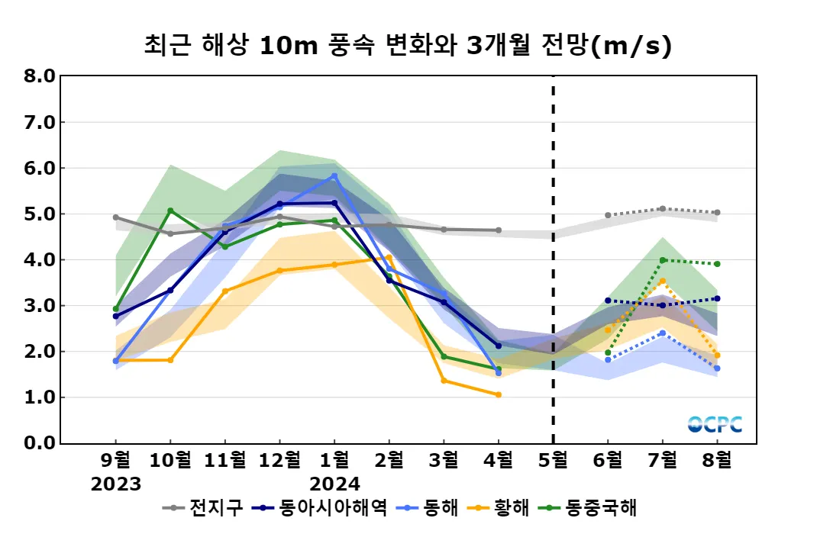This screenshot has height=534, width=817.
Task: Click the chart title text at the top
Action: (x=408, y=46)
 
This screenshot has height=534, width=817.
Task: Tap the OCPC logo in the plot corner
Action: (x=714, y=424)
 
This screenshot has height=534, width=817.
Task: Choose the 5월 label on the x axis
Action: (x=553, y=460)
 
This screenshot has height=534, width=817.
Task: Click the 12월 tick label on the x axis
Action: (x=279, y=460)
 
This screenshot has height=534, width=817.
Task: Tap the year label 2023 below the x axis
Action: (x=116, y=484)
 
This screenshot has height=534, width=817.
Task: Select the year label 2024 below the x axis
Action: (x=334, y=484)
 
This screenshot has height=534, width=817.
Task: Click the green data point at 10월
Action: (x=170, y=211)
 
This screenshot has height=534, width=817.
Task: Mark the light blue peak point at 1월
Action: (x=334, y=176)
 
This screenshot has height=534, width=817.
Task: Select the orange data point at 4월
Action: (x=499, y=394)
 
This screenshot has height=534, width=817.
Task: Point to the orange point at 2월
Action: (x=389, y=257)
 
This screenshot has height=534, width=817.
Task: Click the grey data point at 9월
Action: (x=116, y=217)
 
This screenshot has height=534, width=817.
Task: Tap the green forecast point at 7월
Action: (x=662, y=260)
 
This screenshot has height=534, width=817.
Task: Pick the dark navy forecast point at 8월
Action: (x=717, y=298)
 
